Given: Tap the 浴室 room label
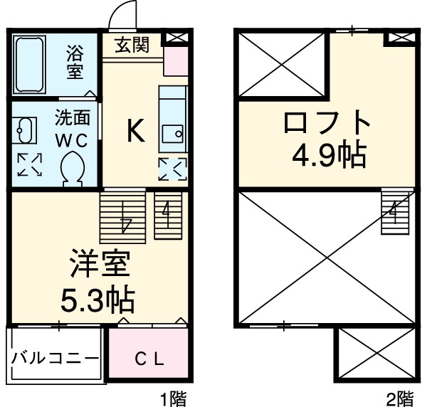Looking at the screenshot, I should pyautogui.click(x=75, y=62).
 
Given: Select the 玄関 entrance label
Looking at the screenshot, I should pyautogui.click(x=133, y=46).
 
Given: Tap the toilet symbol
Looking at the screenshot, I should pyautogui.click(x=73, y=169).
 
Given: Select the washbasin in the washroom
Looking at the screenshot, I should pyautogui.click(x=26, y=130).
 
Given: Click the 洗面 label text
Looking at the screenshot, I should pyautogui.click(x=73, y=117).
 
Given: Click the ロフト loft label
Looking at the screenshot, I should pyautogui.click(x=327, y=123).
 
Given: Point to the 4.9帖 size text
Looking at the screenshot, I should pyautogui.click(x=328, y=154).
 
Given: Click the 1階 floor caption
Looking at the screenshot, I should pyautogui.click(x=173, y=397).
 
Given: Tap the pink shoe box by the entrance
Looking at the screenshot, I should pyautogui.click(x=176, y=61).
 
